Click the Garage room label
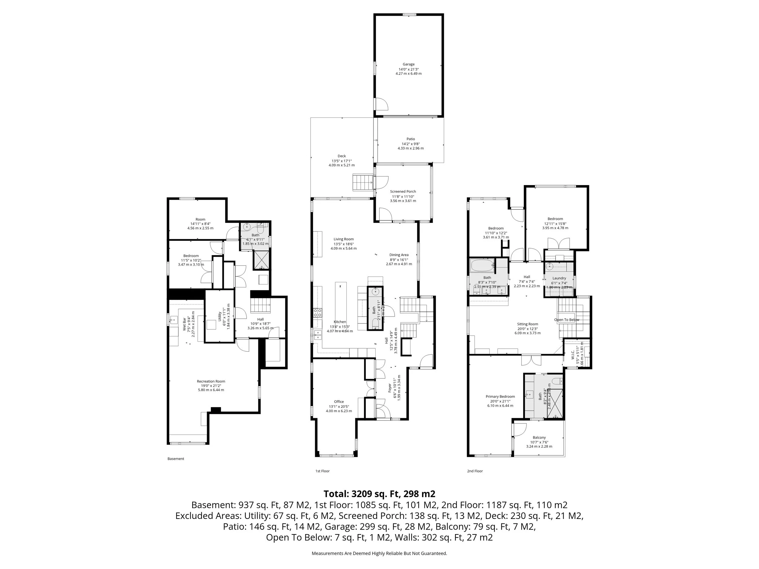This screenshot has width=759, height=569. pos(408,64)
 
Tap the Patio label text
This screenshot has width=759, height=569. pos(411,139)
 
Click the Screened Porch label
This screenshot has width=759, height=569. pos(403,192)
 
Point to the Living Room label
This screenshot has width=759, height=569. pos(343,239)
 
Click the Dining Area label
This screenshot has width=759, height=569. pos(399,255)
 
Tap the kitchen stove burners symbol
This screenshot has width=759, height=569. pos(317,312)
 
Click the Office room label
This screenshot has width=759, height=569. pos(339,401)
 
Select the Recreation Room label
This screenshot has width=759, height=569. pos(211,381)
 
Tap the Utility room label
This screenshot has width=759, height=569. pos(220,316)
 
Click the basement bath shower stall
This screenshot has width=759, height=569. pos(261,260)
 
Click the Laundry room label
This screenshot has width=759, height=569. pos(559,278)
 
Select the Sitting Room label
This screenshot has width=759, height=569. pos(527,324)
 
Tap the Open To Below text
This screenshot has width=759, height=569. pos(567,320)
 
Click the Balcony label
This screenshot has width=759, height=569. pos(539,438)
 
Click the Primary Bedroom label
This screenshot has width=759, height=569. pos(500,397)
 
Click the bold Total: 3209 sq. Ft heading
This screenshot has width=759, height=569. pos(379,494)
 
